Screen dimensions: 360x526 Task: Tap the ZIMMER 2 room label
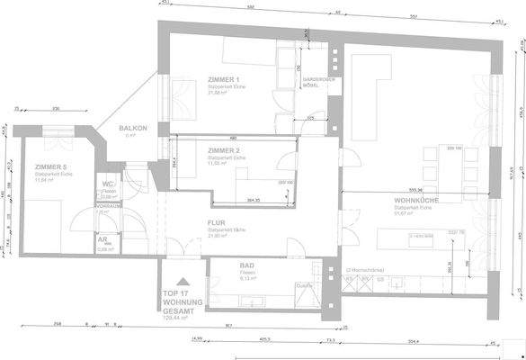[x=221, y=150]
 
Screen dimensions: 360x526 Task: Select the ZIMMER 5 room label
[x=50, y=167]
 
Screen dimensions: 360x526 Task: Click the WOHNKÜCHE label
[x=416, y=200]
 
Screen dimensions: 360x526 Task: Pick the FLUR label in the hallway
[x=216, y=222]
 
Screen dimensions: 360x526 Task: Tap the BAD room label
[x=247, y=266]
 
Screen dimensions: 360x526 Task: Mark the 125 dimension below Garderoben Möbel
[x=309, y=118]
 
